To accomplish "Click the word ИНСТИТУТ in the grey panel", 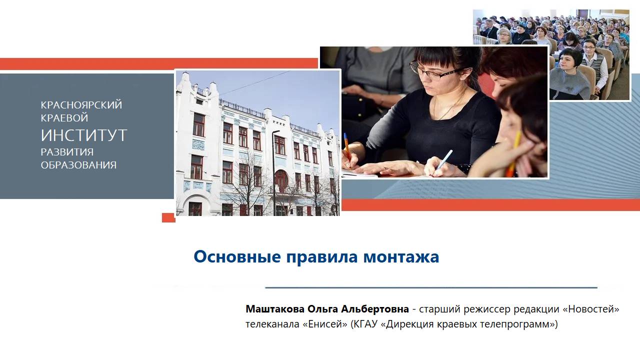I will (84, 135).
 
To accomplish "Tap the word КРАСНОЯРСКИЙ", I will (81, 105).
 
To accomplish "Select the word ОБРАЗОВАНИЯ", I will (78, 165).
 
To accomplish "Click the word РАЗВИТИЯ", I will (67, 152).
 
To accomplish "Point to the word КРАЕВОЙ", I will (64, 118).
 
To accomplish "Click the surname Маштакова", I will (275, 309).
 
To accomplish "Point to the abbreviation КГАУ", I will (365, 324).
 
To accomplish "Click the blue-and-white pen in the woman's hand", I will (442, 159).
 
